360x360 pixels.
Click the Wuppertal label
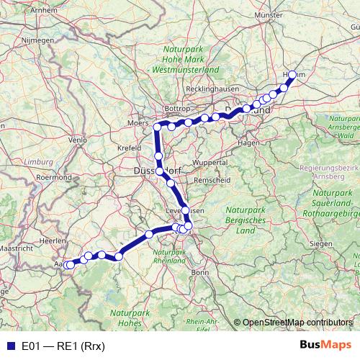[209, 163]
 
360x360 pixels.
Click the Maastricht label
[15, 248]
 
